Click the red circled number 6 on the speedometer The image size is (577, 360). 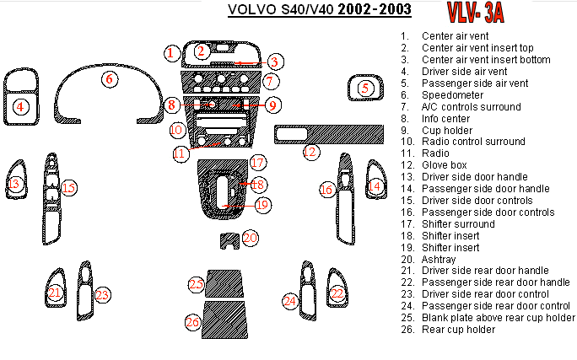pos(108,79)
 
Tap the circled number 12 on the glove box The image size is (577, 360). pos(311,152)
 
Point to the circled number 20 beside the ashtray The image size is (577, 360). pos(250,239)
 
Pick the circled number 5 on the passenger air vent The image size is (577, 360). pos(364,87)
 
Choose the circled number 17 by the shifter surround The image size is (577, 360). pos(257,162)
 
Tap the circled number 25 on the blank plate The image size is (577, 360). pos(197,284)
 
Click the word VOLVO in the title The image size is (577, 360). pos(249,10)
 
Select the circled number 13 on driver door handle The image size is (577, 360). pos(13,184)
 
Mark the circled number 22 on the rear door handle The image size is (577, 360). pos(337,293)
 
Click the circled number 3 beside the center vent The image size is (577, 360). pos(275,61)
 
